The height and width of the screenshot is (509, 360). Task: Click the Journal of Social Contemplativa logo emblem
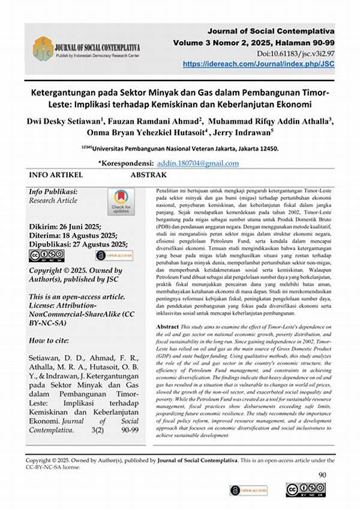click(x=43, y=49)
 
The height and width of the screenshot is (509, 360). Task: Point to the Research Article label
click(x=53, y=200)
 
